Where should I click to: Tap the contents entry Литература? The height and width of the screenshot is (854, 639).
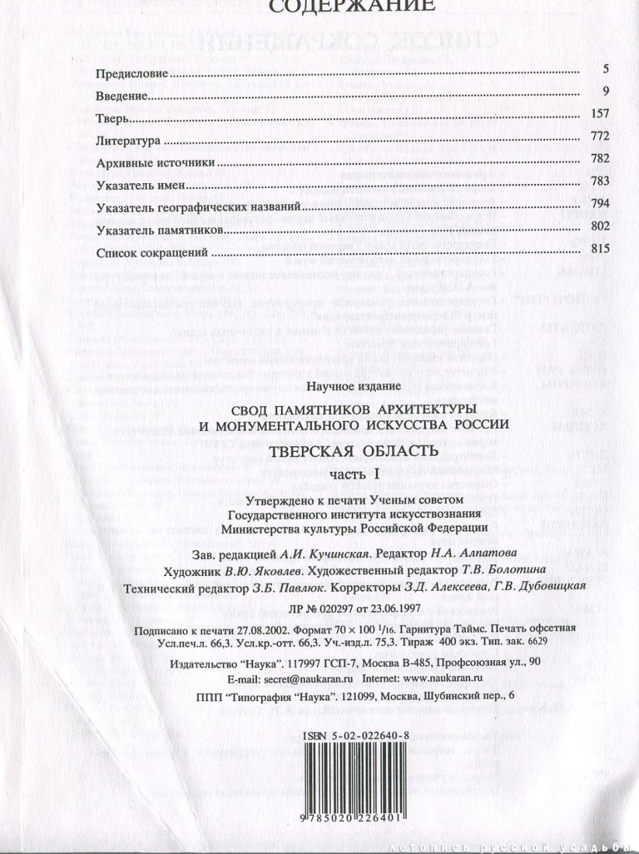128,143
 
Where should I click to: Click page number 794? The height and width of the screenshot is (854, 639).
602,204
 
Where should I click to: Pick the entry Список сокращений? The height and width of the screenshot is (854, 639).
152,253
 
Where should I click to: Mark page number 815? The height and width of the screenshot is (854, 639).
602,249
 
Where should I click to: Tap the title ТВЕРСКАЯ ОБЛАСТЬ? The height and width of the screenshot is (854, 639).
354,450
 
